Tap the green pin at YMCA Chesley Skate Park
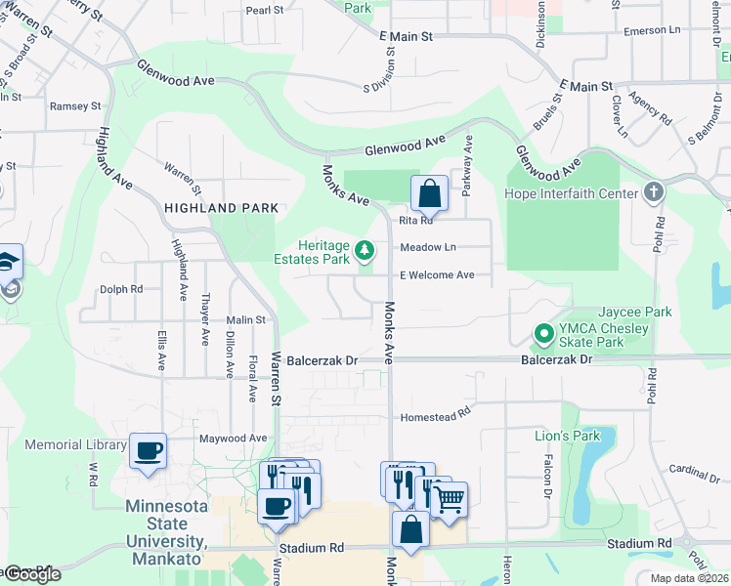click(542, 335)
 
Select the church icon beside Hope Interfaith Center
click(654, 192)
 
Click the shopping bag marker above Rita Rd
click(429, 193)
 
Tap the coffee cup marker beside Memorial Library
click(148, 450)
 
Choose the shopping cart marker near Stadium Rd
click(449, 499)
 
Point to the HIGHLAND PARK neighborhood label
click(221, 208)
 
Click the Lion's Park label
click(567, 436)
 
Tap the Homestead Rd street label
click(436, 417)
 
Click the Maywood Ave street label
click(233, 439)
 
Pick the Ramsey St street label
click(75, 106)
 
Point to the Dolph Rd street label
click(121, 289)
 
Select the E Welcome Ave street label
click(436, 275)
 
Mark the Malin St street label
click(245, 320)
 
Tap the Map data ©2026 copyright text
click(688, 578)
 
